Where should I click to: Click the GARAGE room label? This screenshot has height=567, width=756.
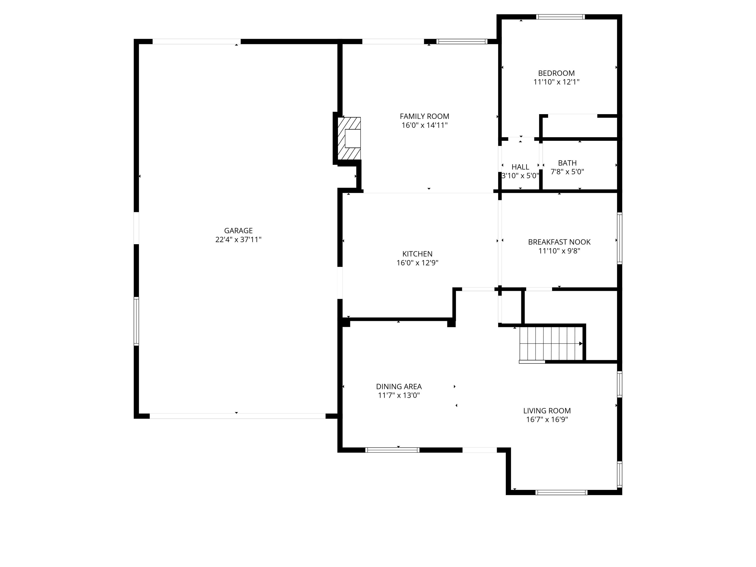pyautogui.click(x=238, y=231)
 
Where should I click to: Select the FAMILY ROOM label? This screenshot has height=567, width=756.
pyautogui.click(x=424, y=116)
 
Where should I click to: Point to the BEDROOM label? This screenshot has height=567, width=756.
pyautogui.click(x=556, y=73)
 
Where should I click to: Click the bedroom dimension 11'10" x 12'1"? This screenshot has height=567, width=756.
pyautogui.click(x=556, y=82)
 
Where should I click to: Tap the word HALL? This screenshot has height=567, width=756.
pyautogui.click(x=520, y=167)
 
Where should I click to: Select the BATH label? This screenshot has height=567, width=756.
pyautogui.click(x=567, y=163)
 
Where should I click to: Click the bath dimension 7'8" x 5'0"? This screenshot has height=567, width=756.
pyautogui.click(x=567, y=172)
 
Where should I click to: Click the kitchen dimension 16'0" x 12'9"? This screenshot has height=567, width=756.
pyautogui.click(x=417, y=263)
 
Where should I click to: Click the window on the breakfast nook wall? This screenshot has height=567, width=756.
pyautogui.click(x=619, y=238)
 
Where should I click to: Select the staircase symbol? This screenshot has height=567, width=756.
pyautogui.click(x=551, y=343)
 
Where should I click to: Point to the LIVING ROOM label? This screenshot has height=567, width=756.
pyautogui.click(x=547, y=411)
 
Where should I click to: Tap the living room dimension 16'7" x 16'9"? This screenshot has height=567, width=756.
pyautogui.click(x=547, y=420)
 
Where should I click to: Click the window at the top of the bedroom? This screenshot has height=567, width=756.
pyautogui.click(x=560, y=17)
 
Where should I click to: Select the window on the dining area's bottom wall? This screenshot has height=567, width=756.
pyautogui.click(x=392, y=450)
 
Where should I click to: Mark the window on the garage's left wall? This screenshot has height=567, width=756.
pyautogui.click(x=136, y=321)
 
